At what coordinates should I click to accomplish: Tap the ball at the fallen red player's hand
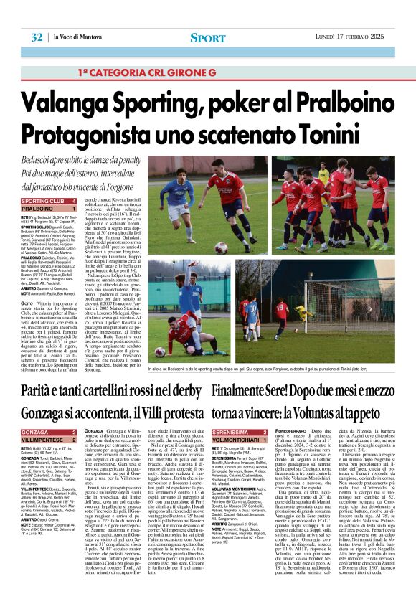tap(161, 352)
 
